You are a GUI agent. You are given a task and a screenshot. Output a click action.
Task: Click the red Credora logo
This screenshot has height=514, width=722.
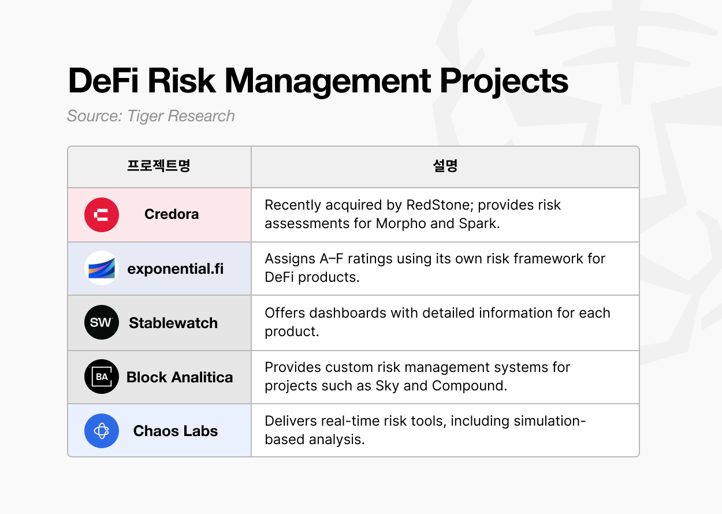(102, 215)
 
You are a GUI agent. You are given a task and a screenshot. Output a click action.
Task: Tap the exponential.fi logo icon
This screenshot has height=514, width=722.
(102, 268)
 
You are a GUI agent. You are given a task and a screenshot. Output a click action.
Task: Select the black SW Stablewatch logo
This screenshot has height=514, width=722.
(102, 322)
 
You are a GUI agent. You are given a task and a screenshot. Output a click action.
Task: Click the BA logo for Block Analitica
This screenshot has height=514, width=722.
(102, 377)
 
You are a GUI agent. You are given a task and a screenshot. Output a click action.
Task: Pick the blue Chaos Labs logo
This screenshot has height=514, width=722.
(102, 430)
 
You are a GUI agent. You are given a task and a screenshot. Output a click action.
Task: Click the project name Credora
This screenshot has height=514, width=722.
(172, 214)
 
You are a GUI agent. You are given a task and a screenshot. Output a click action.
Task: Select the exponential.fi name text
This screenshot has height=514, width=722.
(176, 269)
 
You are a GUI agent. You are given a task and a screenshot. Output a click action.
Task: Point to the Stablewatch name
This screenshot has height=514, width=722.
(173, 323)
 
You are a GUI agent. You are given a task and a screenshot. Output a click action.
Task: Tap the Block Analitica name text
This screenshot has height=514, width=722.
(180, 377)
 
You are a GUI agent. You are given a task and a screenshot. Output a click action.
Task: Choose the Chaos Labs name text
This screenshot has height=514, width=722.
(176, 431)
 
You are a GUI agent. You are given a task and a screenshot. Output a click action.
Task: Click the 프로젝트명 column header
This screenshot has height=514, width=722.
(159, 166)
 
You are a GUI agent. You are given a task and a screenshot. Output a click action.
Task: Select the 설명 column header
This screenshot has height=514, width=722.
(445, 166)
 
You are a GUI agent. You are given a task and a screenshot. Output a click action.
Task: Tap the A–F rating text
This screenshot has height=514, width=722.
(332, 259)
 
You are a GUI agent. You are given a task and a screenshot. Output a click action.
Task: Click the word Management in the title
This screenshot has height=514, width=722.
(327, 81)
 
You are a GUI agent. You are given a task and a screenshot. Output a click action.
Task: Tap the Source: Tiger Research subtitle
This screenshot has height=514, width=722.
(151, 116)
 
